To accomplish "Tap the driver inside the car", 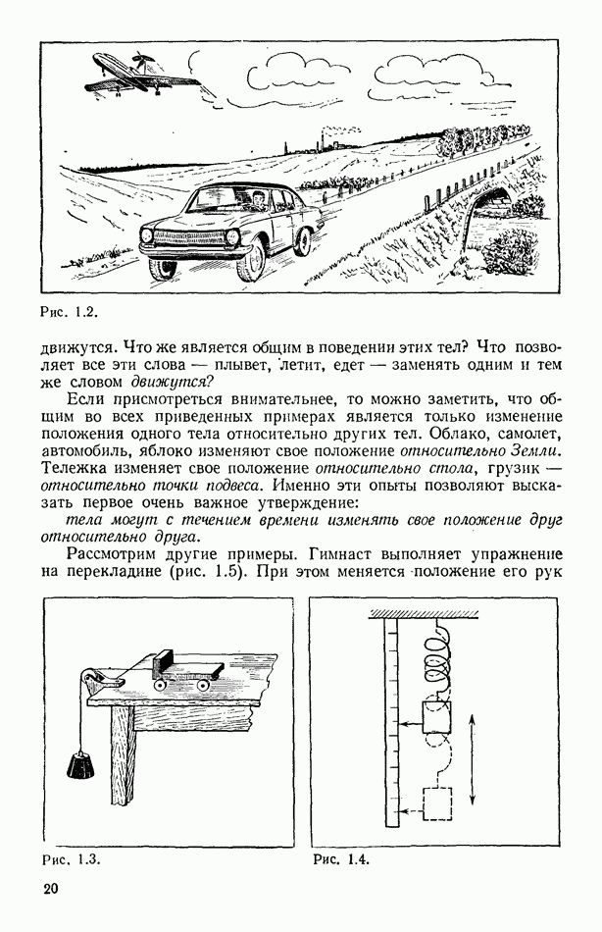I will [x=258, y=201].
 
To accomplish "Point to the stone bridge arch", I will [x=497, y=207].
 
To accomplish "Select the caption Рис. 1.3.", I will [x=72, y=859].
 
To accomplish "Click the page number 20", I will [x=51, y=890].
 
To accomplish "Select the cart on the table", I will [x=186, y=675].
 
